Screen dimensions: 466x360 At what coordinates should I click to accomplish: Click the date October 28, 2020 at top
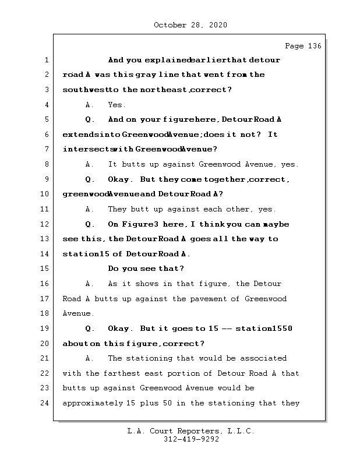(190, 25)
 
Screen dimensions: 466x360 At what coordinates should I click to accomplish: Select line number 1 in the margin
(45, 60)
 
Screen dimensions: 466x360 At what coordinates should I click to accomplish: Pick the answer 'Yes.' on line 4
(117, 105)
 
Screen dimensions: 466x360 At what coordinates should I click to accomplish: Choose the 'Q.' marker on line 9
(90, 179)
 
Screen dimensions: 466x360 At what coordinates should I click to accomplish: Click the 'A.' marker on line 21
(90, 358)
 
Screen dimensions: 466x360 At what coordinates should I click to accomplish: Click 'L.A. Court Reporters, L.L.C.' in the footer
(191, 431)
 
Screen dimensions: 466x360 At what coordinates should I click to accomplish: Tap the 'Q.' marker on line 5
(90, 120)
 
